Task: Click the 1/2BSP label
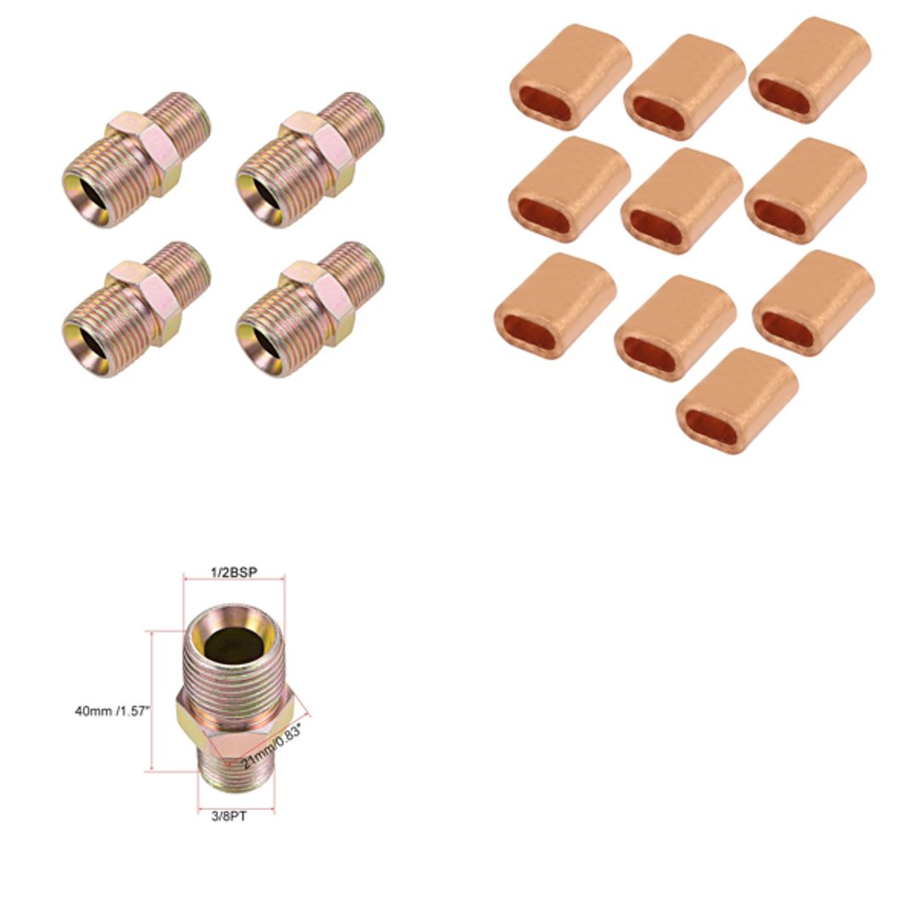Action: pos(234,572)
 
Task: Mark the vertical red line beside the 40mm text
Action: pos(152,701)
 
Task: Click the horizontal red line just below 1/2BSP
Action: pos(234,580)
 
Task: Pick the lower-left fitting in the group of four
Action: pos(136,309)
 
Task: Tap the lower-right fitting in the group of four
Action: pos(309,309)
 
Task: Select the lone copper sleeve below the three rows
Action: pos(737,400)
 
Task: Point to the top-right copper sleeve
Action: pos(810,70)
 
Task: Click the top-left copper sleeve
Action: pos(570,76)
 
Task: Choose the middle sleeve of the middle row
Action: pos(682,201)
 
